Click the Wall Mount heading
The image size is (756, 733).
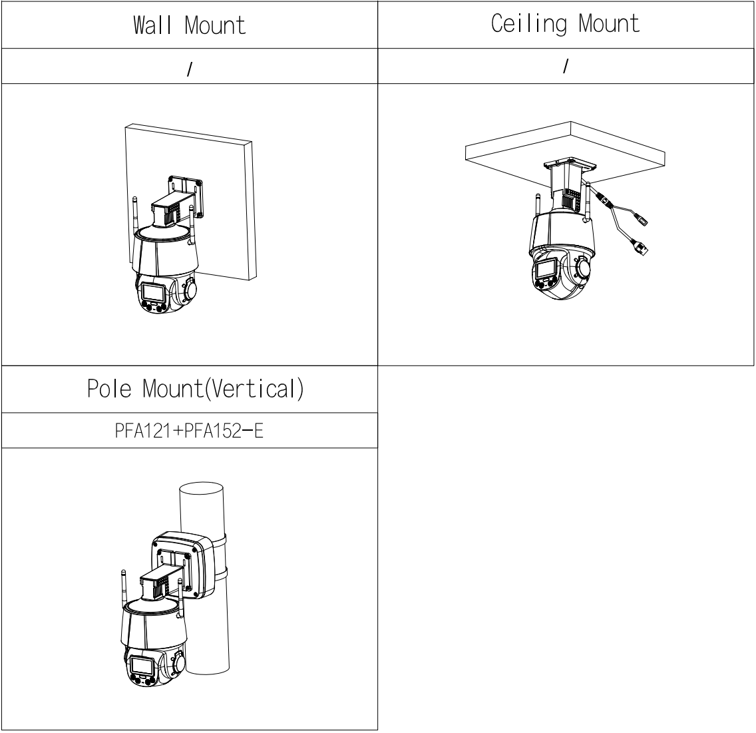(x=190, y=25)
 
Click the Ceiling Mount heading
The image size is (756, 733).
(x=565, y=24)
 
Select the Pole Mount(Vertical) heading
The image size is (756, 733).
(x=195, y=389)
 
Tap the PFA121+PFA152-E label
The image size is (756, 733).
(x=189, y=431)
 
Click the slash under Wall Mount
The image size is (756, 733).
(x=190, y=69)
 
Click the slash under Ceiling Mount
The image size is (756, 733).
(x=566, y=66)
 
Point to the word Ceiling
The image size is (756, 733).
(x=528, y=24)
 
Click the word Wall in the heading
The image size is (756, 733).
(x=152, y=25)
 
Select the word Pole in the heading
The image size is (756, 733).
(x=109, y=389)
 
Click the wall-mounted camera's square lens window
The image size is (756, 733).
(x=153, y=292)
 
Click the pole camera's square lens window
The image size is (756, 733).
(x=143, y=666)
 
